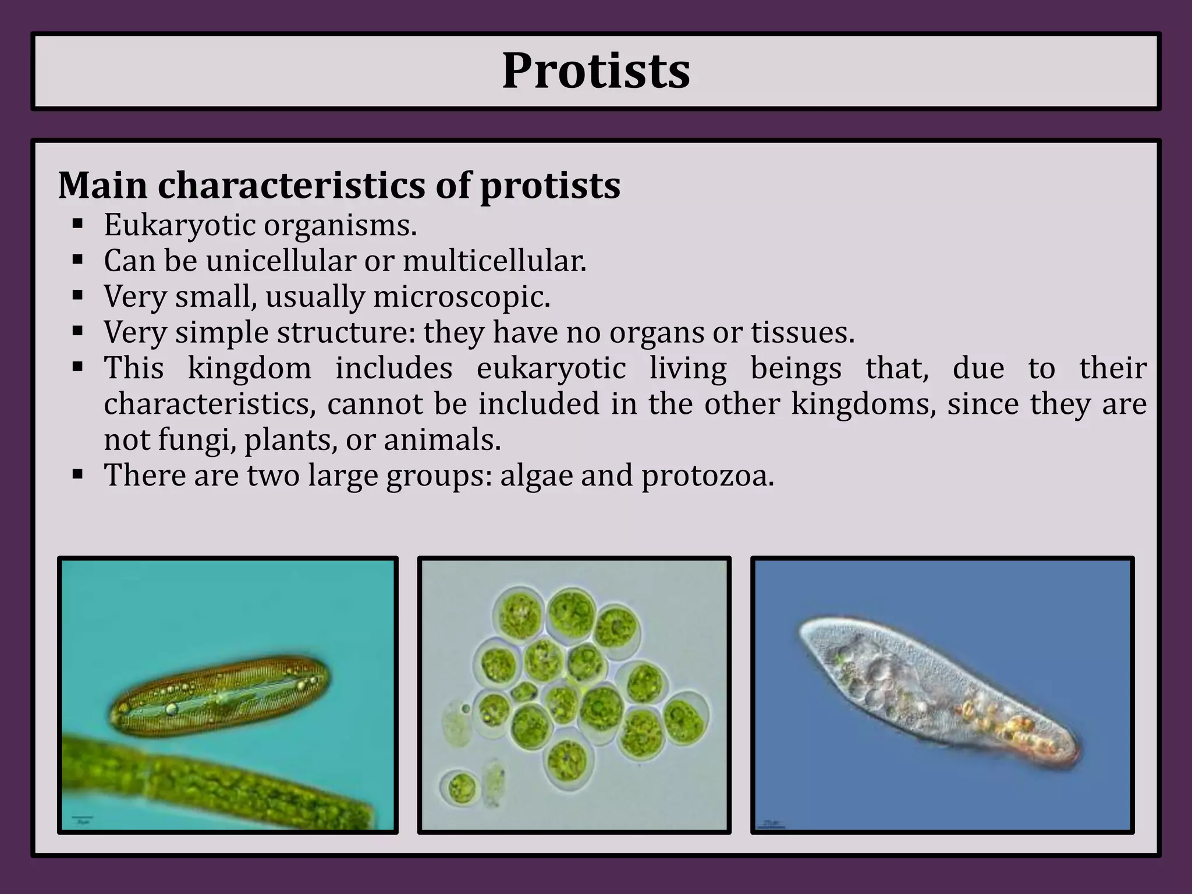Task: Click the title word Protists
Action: click(x=595, y=71)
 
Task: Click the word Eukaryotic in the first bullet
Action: click(x=180, y=225)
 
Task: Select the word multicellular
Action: click(x=494, y=261)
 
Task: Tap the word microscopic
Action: click(x=462, y=297)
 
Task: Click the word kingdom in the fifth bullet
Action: click(x=249, y=368)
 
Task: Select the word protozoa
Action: click(x=708, y=476)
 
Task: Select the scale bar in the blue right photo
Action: click(x=771, y=824)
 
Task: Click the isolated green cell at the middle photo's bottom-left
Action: click(x=460, y=787)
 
